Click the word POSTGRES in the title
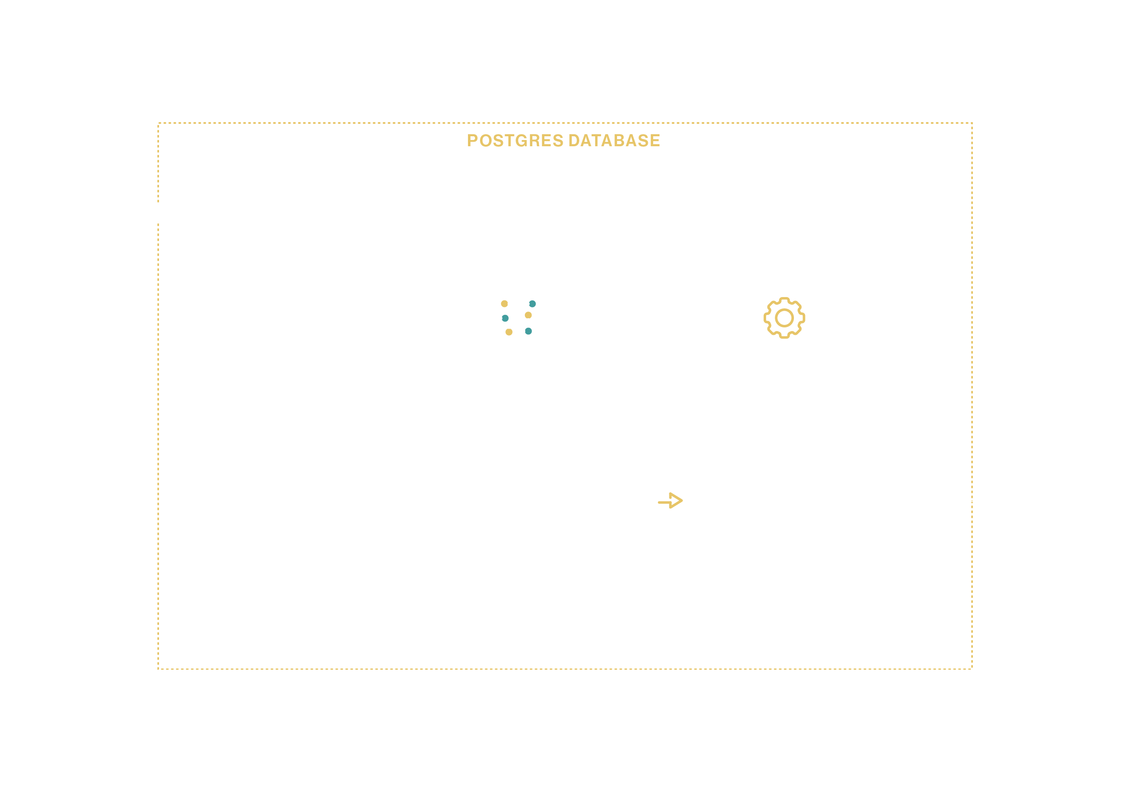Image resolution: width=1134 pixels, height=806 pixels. [x=515, y=140]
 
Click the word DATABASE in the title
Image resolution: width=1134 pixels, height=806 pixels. [x=614, y=140]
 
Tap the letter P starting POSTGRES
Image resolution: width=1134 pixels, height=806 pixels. [x=472, y=140]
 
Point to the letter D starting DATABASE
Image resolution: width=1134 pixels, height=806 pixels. [x=574, y=140]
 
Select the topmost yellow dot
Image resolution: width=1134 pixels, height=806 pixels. [x=504, y=304]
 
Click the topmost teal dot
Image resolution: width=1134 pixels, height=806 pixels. [x=532, y=304]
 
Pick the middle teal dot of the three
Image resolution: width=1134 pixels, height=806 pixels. [x=505, y=318]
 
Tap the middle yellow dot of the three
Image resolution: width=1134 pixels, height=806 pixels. [x=528, y=315]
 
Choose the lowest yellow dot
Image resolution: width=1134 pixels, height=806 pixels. [x=509, y=332]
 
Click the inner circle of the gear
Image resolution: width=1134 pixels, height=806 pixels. [x=784, y=309]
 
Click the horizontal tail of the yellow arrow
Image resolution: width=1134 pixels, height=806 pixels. [x=664, y=502]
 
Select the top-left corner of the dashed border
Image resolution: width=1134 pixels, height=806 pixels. [x=158, y=123]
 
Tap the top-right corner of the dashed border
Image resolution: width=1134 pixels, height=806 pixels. [x=972, y=123]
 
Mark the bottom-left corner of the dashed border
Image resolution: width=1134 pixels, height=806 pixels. [x=158, y=669]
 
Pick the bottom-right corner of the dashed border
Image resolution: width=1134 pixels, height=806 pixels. [x=972, y=669]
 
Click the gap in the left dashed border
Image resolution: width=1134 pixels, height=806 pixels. [x=158, y=213]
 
